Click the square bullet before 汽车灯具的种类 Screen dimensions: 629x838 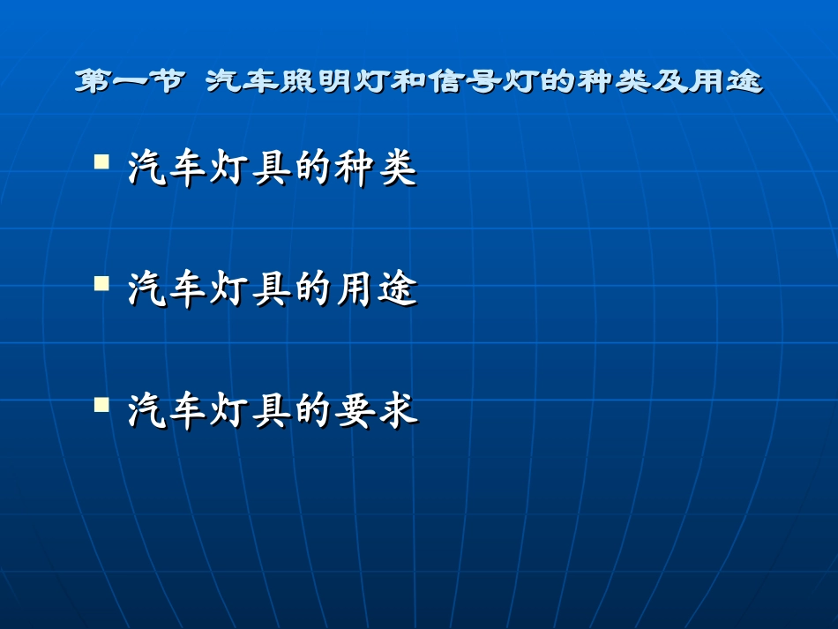(x=102, y=162)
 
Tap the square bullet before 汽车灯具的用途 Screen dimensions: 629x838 (x=102, y=284)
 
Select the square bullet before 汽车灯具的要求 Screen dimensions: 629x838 (x=102, y=406)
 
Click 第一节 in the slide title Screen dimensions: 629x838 (x=130, y=83)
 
